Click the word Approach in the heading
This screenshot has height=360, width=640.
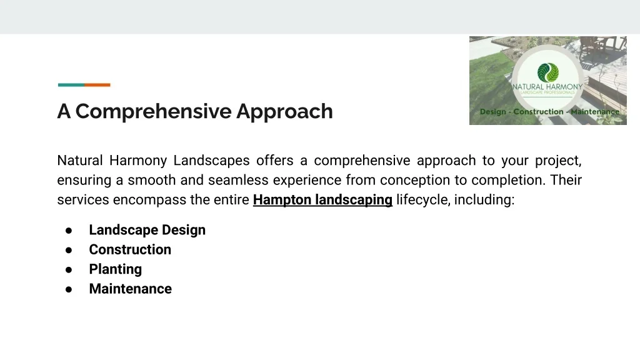coord(284,112)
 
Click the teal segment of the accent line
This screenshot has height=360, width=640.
coord(71,85)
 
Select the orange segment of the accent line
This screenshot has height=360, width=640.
coord(97,85)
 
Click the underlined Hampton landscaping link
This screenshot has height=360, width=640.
coord(322,200)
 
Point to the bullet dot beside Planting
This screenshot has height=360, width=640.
coord(69,270)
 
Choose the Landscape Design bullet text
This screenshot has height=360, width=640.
coord(147,230)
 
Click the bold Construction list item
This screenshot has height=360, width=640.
coord(130,249)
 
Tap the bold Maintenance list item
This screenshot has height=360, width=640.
coord(131,289)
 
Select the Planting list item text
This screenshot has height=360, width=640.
coord(116,269)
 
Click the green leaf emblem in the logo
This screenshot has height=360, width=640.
coord(547,72)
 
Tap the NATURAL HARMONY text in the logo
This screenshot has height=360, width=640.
coord(547,87)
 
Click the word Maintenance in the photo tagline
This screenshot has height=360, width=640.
coord(595,112)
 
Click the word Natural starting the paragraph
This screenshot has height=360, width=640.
coord(80,161)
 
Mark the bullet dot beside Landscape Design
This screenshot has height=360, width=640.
coord(69,231)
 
